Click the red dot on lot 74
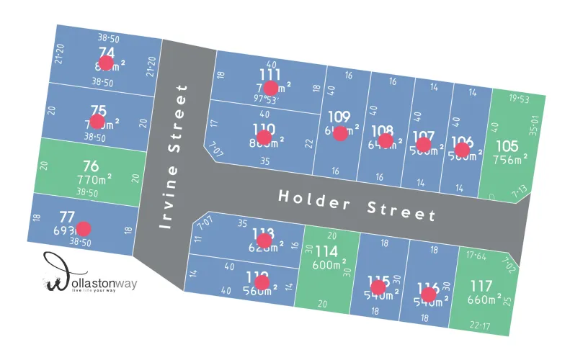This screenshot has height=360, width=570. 106,63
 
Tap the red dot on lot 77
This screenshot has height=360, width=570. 84,229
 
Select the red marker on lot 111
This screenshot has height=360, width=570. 270,88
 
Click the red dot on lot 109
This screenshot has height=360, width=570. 340,133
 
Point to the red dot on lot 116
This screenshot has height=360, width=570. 429,294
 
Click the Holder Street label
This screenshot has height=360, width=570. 357,204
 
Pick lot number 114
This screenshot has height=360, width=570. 327,251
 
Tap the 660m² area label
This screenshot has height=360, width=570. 485,299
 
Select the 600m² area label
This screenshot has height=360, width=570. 328,265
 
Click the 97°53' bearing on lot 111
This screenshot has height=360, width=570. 265,99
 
